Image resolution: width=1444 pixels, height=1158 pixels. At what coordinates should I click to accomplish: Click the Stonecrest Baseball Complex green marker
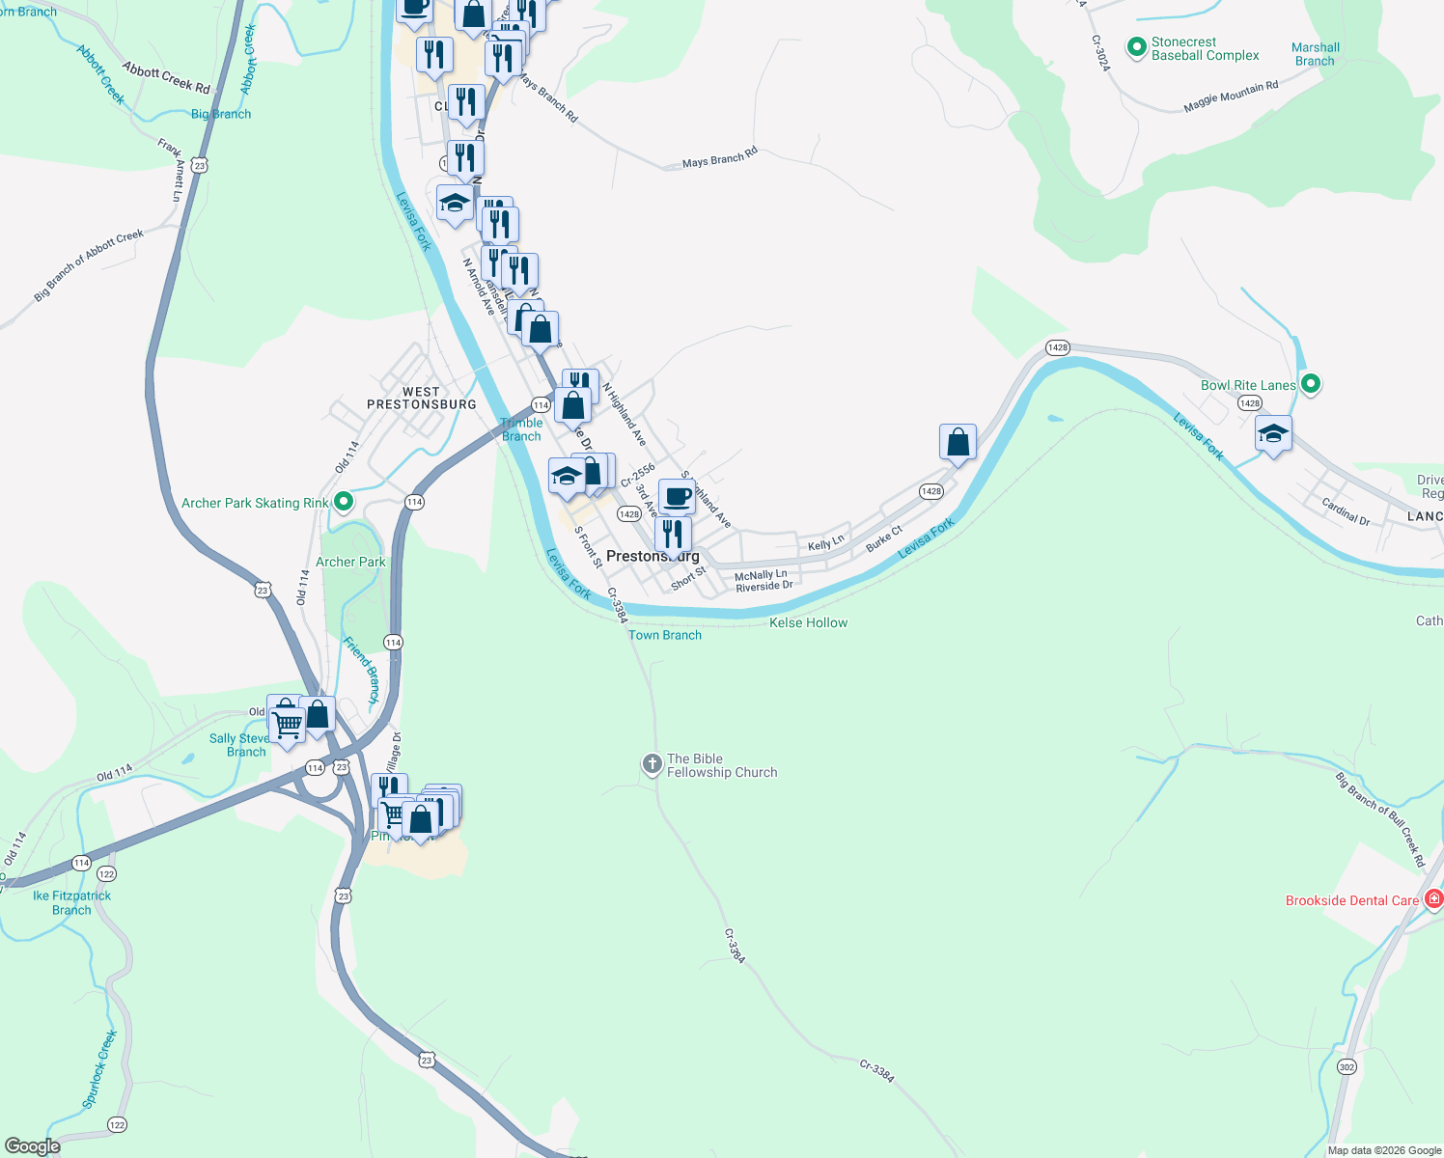tap(1137, 46)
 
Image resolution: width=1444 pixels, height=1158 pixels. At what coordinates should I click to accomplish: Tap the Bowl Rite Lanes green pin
tap(1311, 384)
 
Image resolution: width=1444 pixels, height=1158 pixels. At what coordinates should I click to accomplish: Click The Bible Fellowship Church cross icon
tap(653, 764)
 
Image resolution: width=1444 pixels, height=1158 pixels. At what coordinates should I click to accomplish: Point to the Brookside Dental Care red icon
tap(1434, 899)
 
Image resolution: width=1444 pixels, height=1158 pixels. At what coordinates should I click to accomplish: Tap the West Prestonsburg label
tap(422, 399)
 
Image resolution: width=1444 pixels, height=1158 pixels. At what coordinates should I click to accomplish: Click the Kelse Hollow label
tap(808, 622)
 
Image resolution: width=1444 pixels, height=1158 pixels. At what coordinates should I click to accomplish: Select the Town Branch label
tap(665, 635)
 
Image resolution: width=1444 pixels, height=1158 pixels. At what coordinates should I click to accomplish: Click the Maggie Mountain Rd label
tap(1231, 97)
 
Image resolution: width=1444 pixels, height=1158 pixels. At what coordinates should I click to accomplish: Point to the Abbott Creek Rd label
tap(166, 78)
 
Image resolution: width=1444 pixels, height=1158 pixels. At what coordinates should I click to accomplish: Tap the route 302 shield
tap(1347, 1066)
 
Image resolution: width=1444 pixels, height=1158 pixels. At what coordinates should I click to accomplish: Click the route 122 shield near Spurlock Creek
tap(117, 1124)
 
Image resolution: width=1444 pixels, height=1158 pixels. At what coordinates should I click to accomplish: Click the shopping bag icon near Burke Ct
tap(958, 442)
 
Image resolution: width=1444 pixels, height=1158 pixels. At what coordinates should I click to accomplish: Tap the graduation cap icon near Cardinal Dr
tap(1273, 433)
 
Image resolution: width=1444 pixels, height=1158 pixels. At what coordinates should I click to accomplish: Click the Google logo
tap(32, 1146)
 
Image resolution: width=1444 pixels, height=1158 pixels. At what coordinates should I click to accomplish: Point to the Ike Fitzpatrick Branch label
tap(71, 902)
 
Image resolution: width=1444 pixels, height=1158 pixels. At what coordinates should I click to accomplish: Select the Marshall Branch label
tap(1315, 54)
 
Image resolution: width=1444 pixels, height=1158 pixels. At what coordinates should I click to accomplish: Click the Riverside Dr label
tap(764, 586)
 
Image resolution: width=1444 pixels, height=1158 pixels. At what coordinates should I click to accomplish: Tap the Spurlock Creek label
tap(99, 1068)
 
